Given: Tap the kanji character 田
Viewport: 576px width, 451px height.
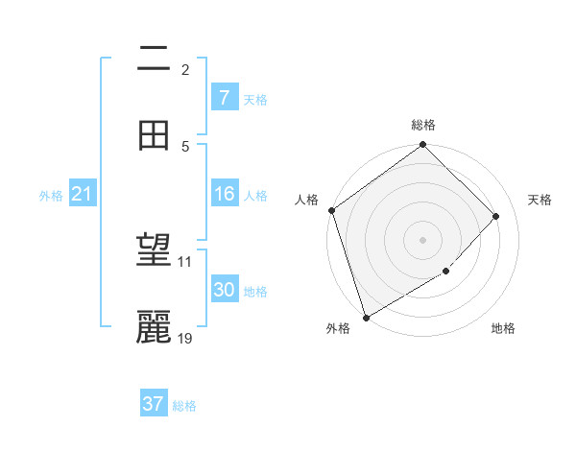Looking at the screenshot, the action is click(x=155, y=135).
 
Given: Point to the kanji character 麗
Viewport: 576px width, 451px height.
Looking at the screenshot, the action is click(x=155, y=327).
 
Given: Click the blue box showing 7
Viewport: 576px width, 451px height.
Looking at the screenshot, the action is click(x=224, y=98).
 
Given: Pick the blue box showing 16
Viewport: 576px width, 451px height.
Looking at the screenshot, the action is click(x=224, y=195).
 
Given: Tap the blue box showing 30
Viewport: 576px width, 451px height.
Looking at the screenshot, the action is click(x=224, y=290).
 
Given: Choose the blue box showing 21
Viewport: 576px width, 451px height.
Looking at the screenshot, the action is click(x=82, y=195).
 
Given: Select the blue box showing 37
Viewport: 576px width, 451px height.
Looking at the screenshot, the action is click(x=154, y=404).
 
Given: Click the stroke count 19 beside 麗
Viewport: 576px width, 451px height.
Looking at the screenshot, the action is click(x=185, y=338).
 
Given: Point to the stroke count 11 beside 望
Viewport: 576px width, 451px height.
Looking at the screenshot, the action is click(x=184, y=261).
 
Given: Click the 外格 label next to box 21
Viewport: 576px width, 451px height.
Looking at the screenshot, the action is click(x=51, y=196).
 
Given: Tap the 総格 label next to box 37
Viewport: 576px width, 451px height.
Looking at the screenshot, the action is click(x=185, y=406).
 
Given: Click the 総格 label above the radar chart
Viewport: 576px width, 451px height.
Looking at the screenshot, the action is click(x=423, y=125).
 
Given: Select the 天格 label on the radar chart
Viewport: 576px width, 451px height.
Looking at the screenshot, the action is click(x=540, y=200).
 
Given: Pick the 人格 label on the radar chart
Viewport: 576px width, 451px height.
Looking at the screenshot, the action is click(x=307, y=200).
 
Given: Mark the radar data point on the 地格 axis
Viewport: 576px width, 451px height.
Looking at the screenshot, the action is click(x=446, y=272).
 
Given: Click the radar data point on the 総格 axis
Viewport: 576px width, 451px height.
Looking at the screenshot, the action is click(x=423, y=146).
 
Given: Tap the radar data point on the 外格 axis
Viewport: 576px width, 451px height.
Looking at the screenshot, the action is click(x=366, y=317).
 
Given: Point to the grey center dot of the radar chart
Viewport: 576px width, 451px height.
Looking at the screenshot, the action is click(x=423, y=239).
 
